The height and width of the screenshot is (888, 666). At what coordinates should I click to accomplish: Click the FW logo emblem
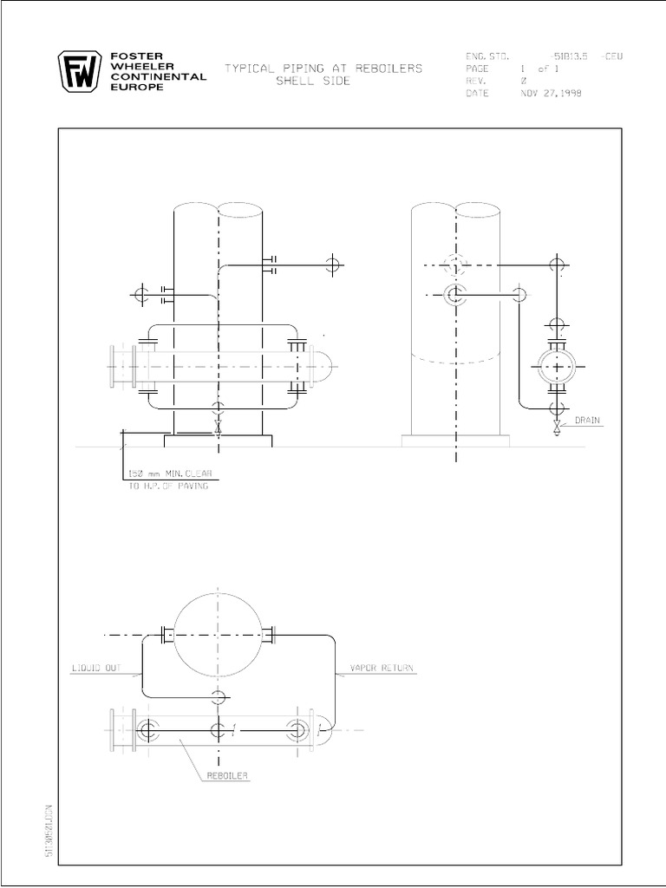(80, 73)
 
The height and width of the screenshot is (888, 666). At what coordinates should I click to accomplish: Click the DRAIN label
(585, 421)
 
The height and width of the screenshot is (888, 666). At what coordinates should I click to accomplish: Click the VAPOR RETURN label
(382, 669)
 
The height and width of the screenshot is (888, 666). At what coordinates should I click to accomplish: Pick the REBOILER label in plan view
(228, 776)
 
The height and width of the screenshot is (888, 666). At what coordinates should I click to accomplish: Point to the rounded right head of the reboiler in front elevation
(323, 368)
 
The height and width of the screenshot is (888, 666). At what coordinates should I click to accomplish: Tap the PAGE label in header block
(477, 69)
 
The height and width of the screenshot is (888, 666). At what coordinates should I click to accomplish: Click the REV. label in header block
(476, 82)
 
